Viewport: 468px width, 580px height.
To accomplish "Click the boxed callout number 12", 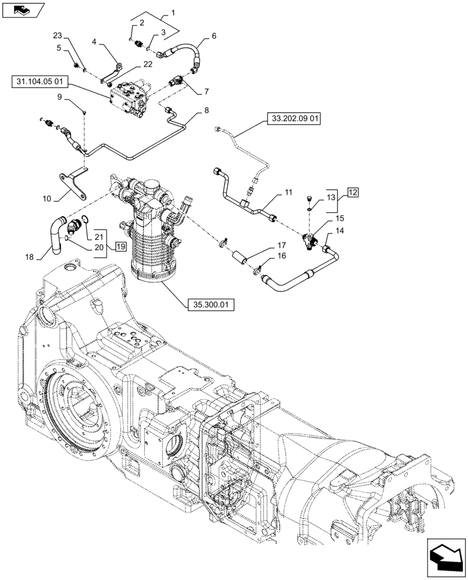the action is (353, 192).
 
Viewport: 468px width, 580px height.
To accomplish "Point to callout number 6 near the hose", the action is (214, 36).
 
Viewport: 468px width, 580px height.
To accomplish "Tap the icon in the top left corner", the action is (23, 10).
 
